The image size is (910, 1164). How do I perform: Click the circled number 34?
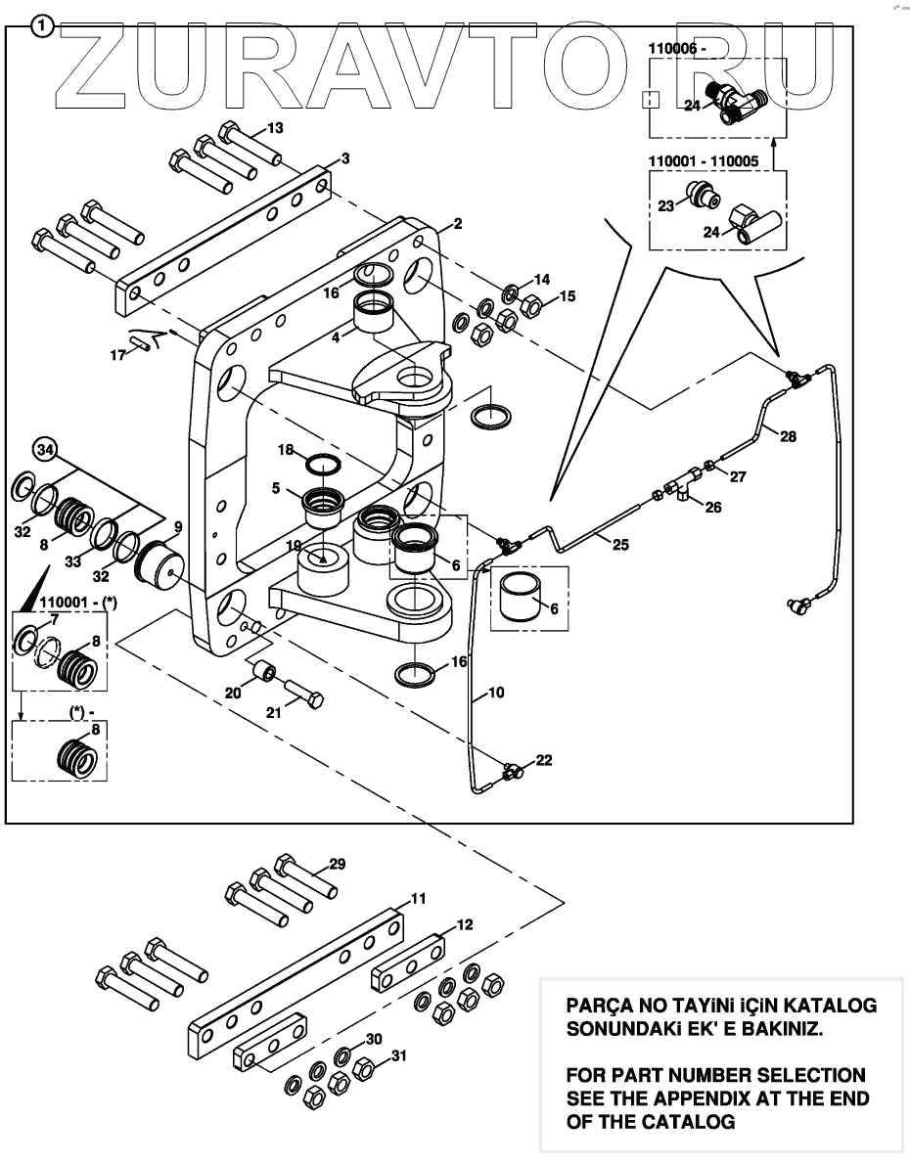[43, 450]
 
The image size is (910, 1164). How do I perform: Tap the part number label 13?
[275, 128]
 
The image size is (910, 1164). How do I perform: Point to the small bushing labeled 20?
[260, 674]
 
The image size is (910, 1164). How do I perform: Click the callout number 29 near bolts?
[337, 865]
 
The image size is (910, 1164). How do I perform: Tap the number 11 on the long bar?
[418, 898]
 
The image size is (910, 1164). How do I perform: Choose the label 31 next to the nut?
[397, 1056]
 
